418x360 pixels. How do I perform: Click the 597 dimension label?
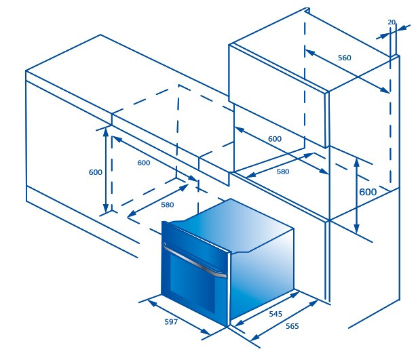(171, 322)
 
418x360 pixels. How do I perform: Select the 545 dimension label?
(275, 314)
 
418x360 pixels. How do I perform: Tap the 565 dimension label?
(292, 326)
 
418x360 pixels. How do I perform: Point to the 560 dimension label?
(345, 58)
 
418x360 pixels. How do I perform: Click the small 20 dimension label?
(392, 22)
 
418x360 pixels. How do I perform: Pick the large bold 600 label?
(368, 192)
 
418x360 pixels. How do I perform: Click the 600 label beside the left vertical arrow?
(96, 172)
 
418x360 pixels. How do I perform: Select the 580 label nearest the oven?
(168, 205)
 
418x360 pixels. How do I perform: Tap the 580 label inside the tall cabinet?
(283, 172)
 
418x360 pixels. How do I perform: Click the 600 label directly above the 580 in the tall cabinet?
(275, 139)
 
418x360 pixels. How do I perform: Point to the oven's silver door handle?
(194, 261)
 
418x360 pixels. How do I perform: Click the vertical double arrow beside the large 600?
(356, 195)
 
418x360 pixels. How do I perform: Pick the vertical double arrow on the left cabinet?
(106, 170)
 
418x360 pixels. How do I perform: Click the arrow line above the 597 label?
(179, 317)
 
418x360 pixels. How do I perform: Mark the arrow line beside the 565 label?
(284, 320)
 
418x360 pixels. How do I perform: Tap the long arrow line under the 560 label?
(347, 71)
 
